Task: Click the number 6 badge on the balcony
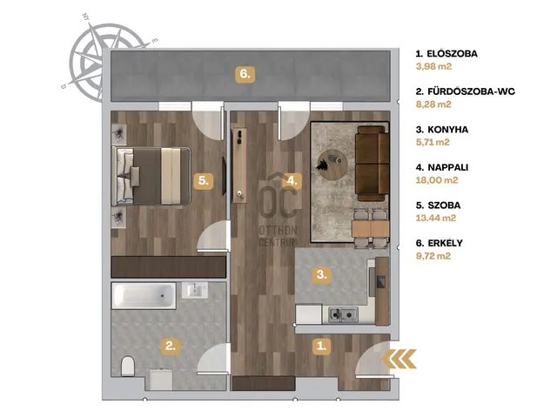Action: pyautogui.click(x=245, y=74)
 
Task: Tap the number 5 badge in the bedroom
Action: pyautogui.click(x=203, y=180)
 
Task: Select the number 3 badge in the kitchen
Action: pyautogui.click(x=321, y=274)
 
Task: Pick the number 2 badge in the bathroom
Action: pyautogui.click(x=171, y=346)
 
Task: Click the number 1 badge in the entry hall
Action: pyautogui.click(x=321, y=346)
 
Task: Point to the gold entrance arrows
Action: pyautogui.click(x=399, y=358)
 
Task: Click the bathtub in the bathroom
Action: pyautogui.click(x=144, y=296)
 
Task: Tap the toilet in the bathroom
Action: pyautogui.click(x=128, y=366)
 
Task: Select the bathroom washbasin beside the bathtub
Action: pyautogui.click(x=195, y=290)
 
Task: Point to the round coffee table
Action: pyautogui.click(x=332, y=165)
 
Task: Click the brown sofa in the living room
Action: pyautogui.click(x=372, y=164)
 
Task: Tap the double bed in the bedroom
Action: pyautogui.click(x=151, y=176)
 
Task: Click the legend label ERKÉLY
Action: pyautogui.click(x=445, y=243)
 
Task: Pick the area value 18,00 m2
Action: pyautogui.click(x=437, y=180)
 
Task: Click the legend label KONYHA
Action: pyautogui.click(x=448, y=130)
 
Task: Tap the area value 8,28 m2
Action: pyautogui.click(x=433, y=104)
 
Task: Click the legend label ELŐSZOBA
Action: pyautogui.click(x=453, y=54)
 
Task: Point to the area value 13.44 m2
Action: pyautogui.click(x=436, y=218)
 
